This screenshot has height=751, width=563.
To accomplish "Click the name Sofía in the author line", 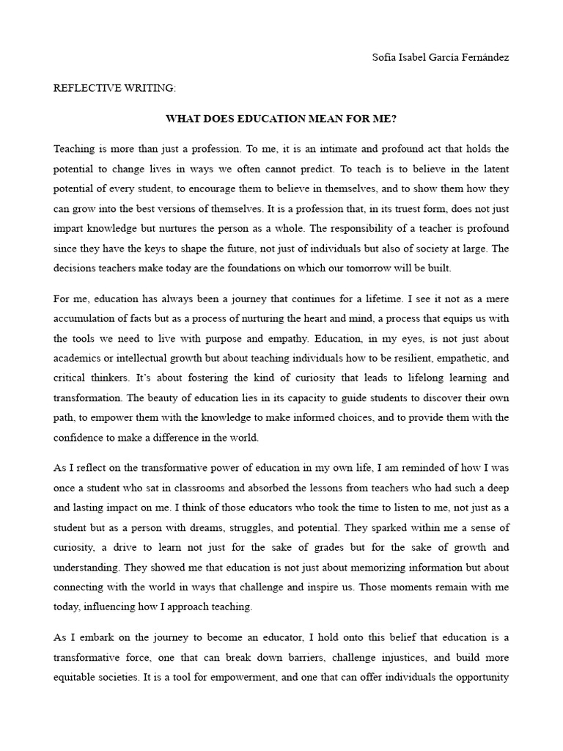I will click(385, 58).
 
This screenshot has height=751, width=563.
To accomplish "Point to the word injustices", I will click(378, 658).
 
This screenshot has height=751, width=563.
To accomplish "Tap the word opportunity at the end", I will click(481, 678).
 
